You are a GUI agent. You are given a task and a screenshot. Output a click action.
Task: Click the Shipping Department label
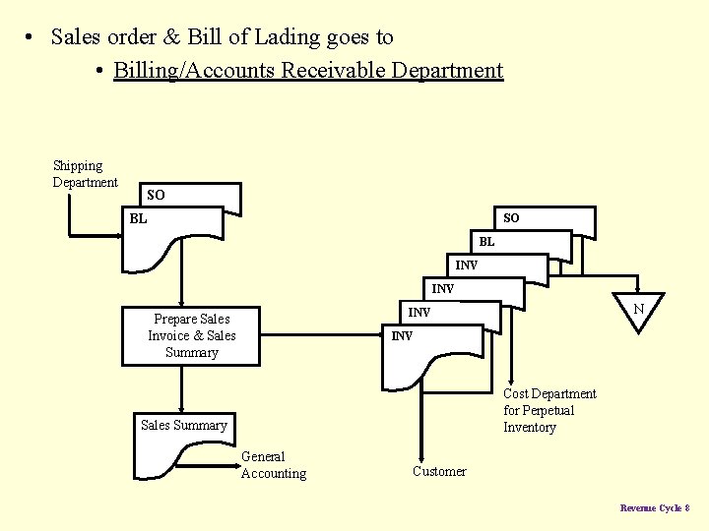click(x=85, y=174)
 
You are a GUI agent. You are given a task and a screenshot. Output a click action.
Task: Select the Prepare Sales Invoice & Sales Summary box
click(x=192, y=336)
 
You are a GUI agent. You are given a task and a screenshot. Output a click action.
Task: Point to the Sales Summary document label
click(x=183, y=425)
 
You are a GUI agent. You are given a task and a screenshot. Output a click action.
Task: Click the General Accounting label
click(x=273, y=465)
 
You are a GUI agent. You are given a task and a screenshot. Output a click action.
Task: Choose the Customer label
click(x=439, y=472)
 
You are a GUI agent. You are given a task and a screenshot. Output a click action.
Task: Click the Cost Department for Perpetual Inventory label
click(x=549, y=410)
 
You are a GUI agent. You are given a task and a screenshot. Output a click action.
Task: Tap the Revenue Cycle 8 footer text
click(x=654, y=507)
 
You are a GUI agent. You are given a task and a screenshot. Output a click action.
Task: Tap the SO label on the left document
click(x=156, y=196)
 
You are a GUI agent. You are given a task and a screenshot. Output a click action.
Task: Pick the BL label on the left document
click(x=138, y=218)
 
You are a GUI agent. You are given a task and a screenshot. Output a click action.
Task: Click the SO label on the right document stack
click(x=511, y=217)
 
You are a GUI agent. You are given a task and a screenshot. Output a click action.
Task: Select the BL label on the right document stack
click(x=486, y=242)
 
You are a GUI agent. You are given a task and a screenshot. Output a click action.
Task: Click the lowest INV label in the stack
click(x=401, y=336)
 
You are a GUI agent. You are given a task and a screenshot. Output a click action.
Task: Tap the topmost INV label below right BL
click(x=466, y=265)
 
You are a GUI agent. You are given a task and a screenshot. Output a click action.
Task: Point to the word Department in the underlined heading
click(x=447, y=71)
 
